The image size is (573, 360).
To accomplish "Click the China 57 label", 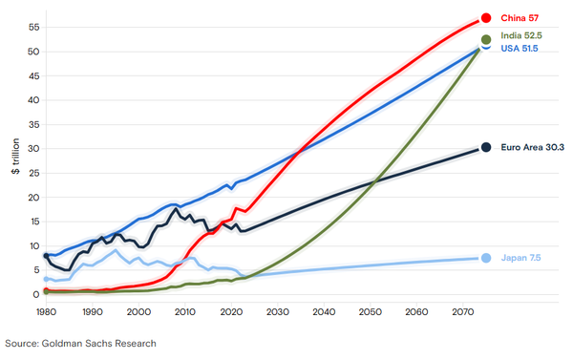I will point(520,17).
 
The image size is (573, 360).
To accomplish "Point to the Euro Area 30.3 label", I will point(531,147).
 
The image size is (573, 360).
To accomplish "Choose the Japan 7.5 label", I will point(522,258).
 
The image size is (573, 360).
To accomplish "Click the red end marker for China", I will point(486,17).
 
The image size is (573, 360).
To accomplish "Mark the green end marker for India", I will point(486,39).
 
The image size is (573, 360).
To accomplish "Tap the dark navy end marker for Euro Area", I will point(486,147).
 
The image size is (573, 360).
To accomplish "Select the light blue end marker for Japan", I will point(486,258).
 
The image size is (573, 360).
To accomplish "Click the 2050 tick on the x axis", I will point(371,311).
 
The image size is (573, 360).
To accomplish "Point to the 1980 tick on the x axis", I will point(45,311).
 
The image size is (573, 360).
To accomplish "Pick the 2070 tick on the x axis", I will point(463,311).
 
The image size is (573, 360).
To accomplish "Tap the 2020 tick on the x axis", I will point(231,311).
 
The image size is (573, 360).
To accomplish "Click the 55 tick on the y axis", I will point(32,27).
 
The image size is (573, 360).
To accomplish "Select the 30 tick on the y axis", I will point(32,148).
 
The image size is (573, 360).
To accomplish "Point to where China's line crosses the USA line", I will point(300,149).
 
